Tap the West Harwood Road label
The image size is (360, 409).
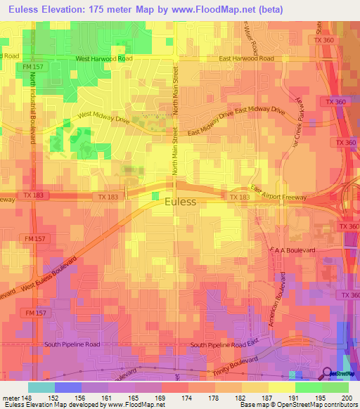click(x=105, y=59)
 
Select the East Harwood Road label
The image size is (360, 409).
click(x=246, y=59)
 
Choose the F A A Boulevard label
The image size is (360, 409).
click(x=292, y=249)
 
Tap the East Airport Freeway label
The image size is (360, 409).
click(x=279, y=194)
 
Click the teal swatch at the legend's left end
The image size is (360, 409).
click(x=41, y=387)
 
